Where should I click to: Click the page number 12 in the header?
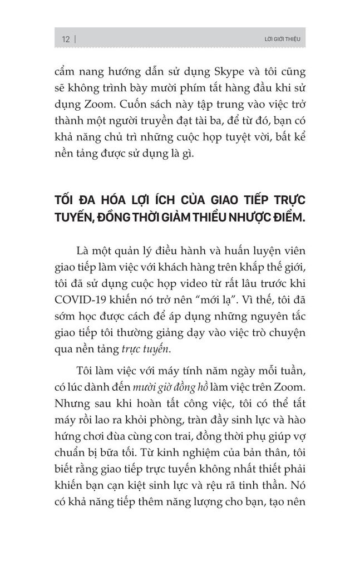[65, 40]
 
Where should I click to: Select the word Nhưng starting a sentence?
[75, 402]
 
